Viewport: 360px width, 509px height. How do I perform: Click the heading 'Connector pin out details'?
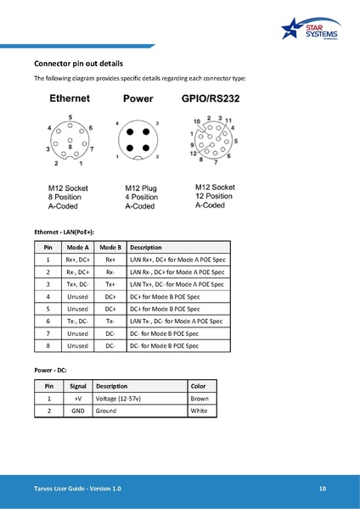click(x=78, y=64)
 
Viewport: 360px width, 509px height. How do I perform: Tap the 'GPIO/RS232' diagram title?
click(x=211, y=98)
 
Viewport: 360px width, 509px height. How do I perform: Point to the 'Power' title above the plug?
click(x=138, y=98)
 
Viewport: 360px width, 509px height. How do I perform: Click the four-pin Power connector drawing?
click(x=138, y=141)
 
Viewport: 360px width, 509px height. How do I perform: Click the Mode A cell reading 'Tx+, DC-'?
click(x=77, y=284)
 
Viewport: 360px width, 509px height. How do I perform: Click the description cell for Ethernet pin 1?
click(x=177, y=260)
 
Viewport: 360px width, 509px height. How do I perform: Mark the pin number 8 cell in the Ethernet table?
click(x=48, y=346)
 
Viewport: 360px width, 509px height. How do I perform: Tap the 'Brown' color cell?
click(x=199, y=397)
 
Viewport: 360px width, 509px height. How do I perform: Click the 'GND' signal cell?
click(x=77, y=410)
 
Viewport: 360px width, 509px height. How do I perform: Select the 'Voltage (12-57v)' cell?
click(x=118, y=397)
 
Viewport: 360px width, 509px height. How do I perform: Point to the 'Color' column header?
click(x=198, y=384)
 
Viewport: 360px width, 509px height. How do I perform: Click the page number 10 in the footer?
click(x=323, y=489)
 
